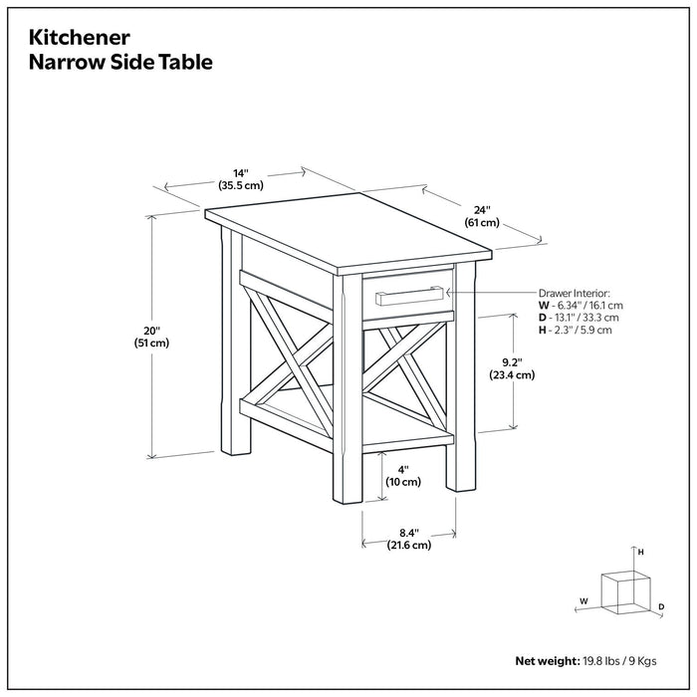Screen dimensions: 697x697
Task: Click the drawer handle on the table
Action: click(x=409, y=293)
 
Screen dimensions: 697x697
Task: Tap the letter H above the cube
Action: click(x=641, y=552)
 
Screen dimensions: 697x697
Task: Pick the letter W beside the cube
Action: click(x=584, y=601)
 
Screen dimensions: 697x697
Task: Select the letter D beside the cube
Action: click(x=661, y=606)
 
